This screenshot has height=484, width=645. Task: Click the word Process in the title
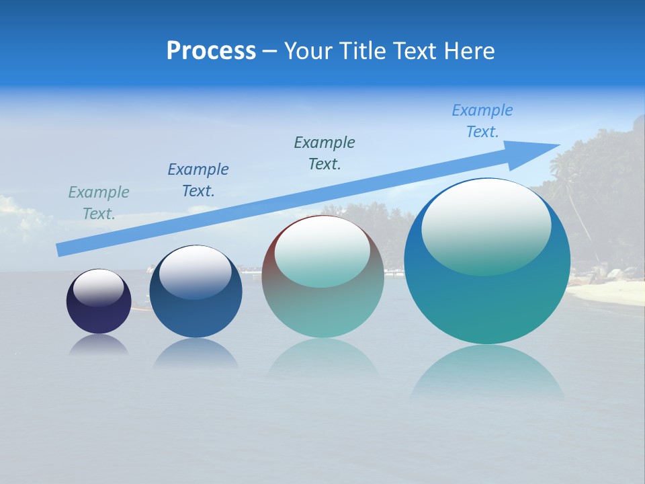click(211, 51)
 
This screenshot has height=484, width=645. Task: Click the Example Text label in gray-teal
click(99, 202)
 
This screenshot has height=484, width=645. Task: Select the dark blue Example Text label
click(198, 179)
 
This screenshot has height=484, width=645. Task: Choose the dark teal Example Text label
click(325, 153)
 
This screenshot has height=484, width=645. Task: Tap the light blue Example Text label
click(482, 120)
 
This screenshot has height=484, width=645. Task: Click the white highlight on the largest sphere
click(486, 225)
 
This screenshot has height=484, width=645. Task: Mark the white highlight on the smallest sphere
click(99, 287)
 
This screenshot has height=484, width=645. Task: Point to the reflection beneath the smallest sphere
click(99, 346)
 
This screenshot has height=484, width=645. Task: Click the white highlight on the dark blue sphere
click(196, 270)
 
